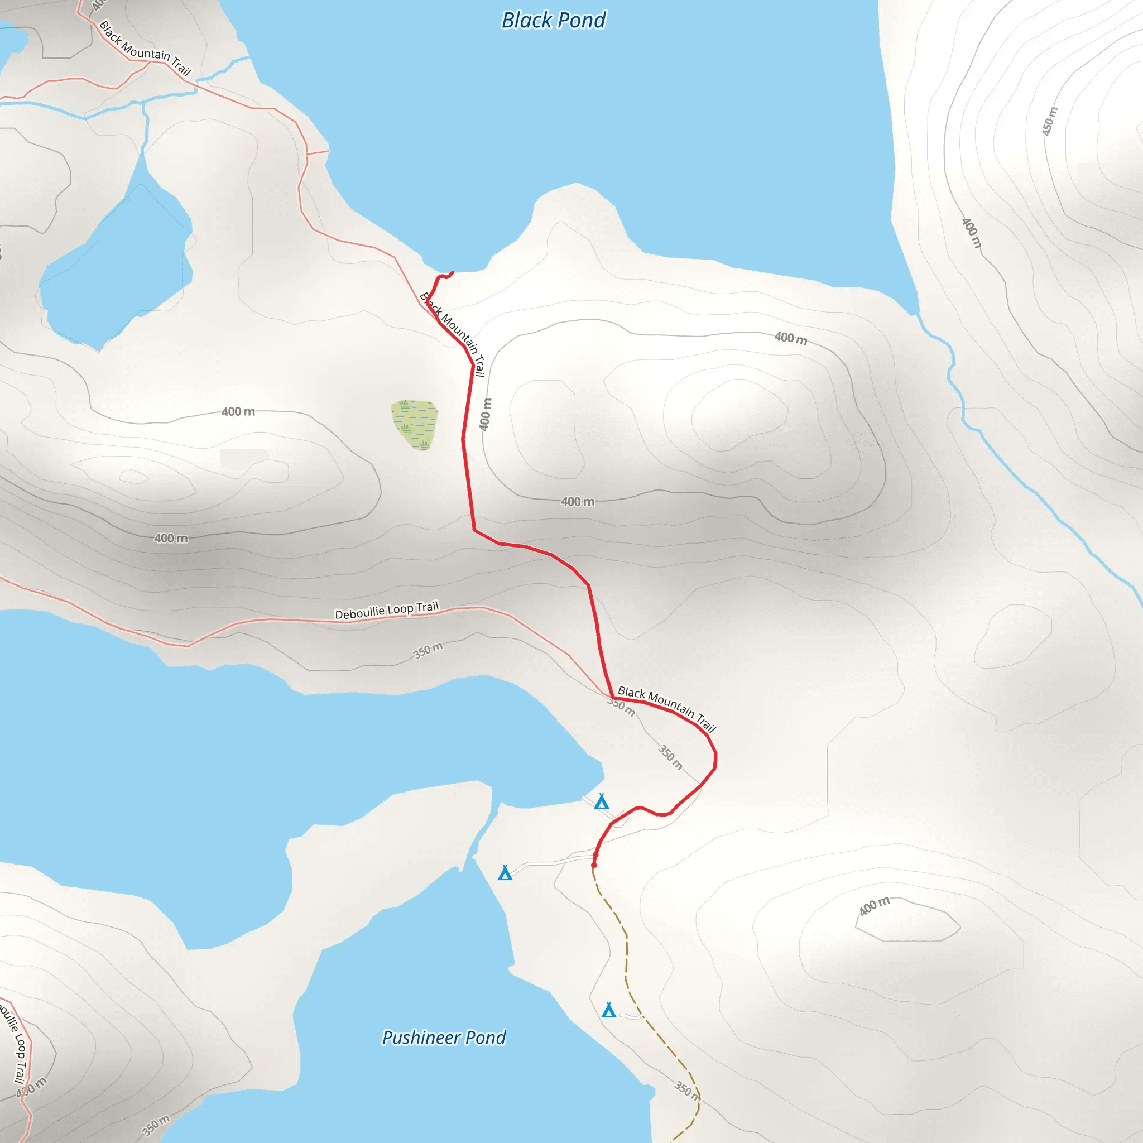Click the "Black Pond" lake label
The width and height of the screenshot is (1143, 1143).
[x=553, y=21]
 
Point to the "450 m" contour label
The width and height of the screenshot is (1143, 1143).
[x=1050, y=121]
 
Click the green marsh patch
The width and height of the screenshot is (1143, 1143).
[x=415, y=424]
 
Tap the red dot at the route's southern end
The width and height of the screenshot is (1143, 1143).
[x=594, y=865]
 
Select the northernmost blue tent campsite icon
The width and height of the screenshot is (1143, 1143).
[x=602, y=801]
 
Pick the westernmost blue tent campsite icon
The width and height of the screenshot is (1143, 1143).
[x=505, y=873]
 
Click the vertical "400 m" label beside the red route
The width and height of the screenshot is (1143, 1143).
[x=485, y=414]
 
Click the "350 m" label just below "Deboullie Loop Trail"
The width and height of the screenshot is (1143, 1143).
[x=427, y=651]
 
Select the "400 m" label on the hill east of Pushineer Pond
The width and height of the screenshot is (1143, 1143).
[x=874, y=906]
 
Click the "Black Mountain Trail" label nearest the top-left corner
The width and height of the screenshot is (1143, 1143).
[x=145, y=49]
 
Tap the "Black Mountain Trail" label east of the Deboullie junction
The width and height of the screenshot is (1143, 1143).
[x=667, y=708]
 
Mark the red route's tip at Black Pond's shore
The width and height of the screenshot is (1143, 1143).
[x=452, y=273]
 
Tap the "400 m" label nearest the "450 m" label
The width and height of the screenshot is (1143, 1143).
[x=971, y=233]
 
